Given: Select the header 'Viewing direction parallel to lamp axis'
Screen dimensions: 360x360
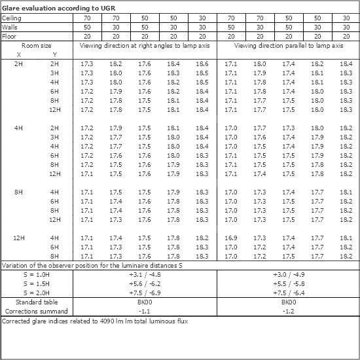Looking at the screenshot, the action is point(288,46).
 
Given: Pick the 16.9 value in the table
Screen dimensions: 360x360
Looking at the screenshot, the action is point(231,238).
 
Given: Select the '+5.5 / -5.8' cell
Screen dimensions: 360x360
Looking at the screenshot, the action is point(288,284).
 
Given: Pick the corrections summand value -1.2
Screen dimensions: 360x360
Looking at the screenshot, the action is point(288,312).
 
